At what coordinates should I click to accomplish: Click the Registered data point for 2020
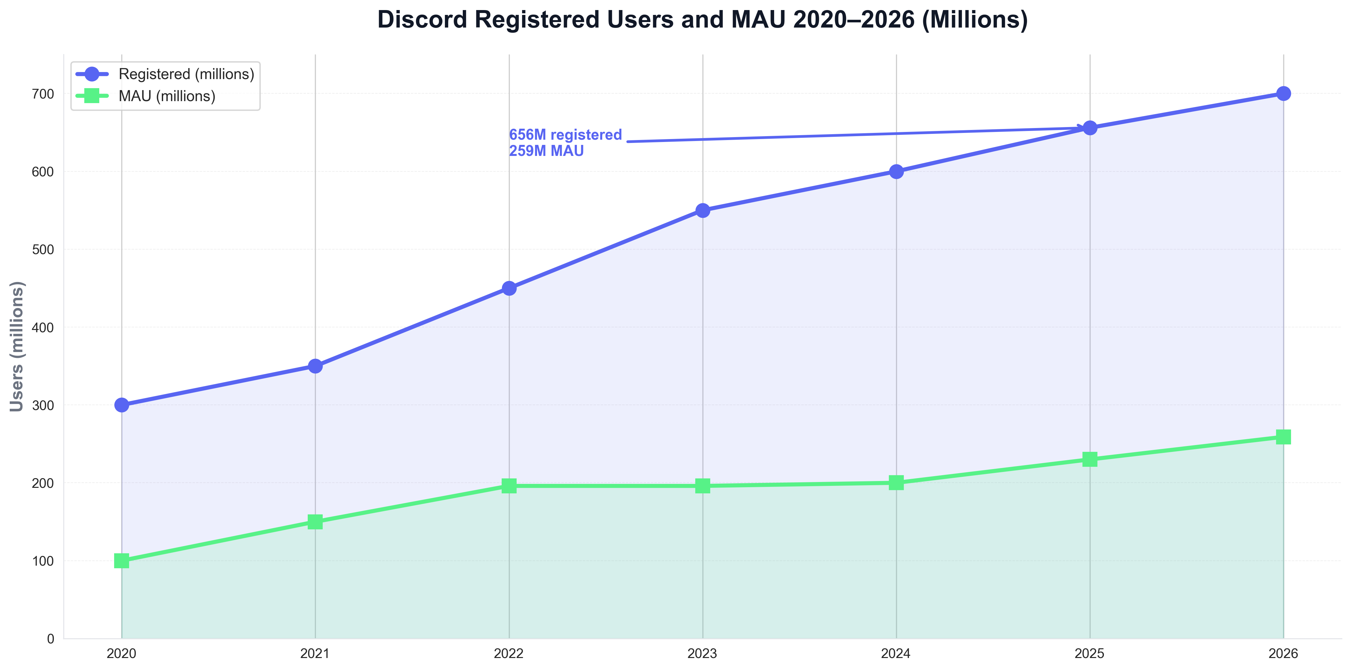tap(122, 405)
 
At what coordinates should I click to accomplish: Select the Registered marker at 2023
tap(703, 210)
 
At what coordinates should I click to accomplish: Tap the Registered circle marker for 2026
tap(1283, 93)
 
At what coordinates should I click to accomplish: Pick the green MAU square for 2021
tap(315, 522)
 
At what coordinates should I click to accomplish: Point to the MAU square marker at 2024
tap(896, 482)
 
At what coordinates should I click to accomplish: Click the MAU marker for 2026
tap(1283, 437)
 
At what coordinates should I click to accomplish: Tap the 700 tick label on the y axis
tap(43, 94)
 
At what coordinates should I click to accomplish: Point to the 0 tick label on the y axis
tap(50, 639)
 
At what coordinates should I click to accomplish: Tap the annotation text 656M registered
tap(565, 135)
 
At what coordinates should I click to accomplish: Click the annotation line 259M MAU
tap(546, 151)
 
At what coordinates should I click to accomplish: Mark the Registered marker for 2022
tap(509, 288)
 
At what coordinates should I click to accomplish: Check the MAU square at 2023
tap(703, 486)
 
